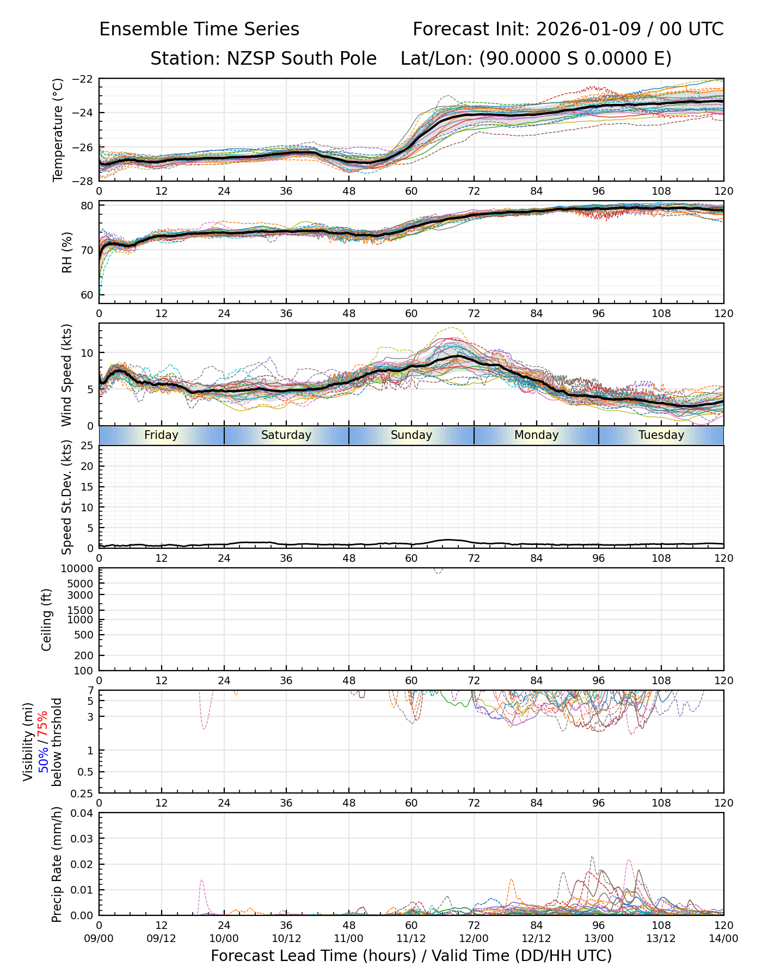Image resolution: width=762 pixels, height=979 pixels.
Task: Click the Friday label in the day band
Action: click(161, 435)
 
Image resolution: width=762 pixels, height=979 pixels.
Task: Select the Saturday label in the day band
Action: click(286, 435)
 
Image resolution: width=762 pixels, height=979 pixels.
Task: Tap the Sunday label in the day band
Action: click(411, 435)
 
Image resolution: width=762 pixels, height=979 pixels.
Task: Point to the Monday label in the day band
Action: click(537, 435)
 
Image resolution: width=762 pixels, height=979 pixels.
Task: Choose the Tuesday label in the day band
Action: click(661, 435)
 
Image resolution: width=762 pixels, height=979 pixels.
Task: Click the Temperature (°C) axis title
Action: click(58, 130)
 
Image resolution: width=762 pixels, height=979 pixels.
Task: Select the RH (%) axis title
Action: click(67, 252)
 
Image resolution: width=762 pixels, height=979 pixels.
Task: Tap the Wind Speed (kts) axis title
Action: click(66, 375)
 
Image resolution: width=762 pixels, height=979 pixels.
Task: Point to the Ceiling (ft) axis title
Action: click(47, 619)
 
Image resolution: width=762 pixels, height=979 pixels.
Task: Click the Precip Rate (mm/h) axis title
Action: click(57, 864)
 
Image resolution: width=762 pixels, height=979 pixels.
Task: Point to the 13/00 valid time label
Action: click(599, 938)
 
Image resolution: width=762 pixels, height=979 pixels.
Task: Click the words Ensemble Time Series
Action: click(199, 29)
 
